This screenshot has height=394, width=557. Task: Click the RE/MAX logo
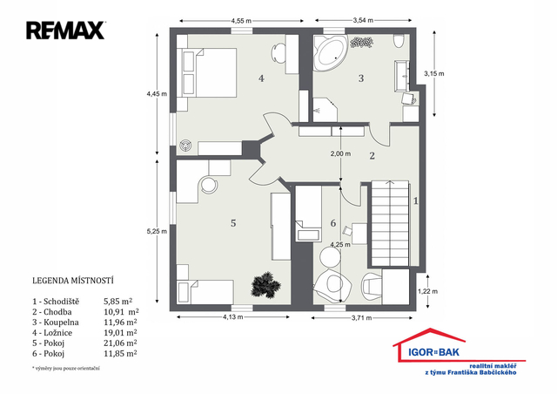click(65, 31)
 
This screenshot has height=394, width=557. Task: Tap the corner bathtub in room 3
click(331, 52)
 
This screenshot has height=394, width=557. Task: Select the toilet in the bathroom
click(399, 41)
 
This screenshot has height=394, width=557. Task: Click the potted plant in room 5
click(265, 285)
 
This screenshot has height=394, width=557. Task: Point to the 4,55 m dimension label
click(241, 21)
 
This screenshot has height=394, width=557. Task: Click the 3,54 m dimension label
click(363, 20)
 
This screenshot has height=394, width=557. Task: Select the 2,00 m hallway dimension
click(340, 153)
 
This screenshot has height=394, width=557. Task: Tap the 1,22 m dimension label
click(427, 291)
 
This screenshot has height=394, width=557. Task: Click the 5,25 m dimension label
click(157, 231)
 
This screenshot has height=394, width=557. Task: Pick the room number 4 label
click(261, 78)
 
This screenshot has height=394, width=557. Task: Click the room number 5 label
click(233, 223)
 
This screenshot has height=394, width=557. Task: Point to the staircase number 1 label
click(416, 201)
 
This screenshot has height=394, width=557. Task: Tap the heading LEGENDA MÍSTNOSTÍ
click(73, 281)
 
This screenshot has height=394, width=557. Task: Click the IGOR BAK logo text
click(433, 352)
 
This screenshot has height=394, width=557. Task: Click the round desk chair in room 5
click(209, 185)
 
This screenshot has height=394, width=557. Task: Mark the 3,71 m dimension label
click(362, 318)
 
